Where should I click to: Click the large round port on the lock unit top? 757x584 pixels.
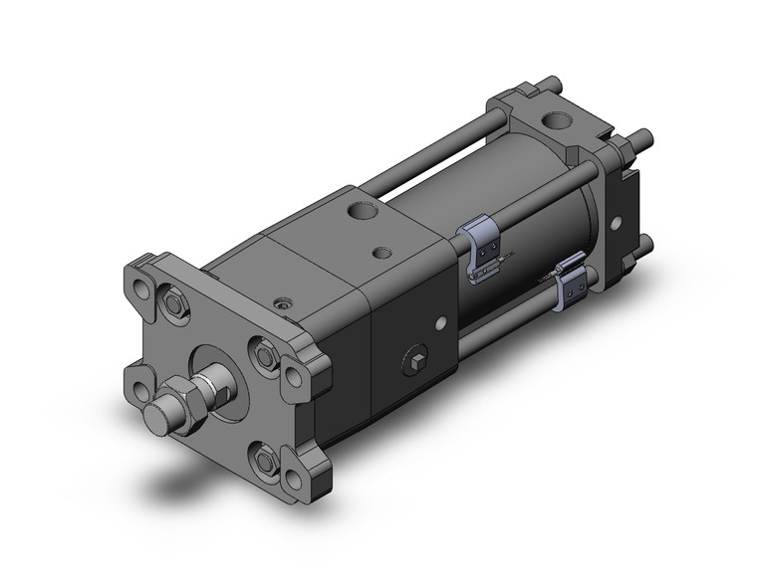tap(362, 214)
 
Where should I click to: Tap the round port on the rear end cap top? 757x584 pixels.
tap(553, 123)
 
